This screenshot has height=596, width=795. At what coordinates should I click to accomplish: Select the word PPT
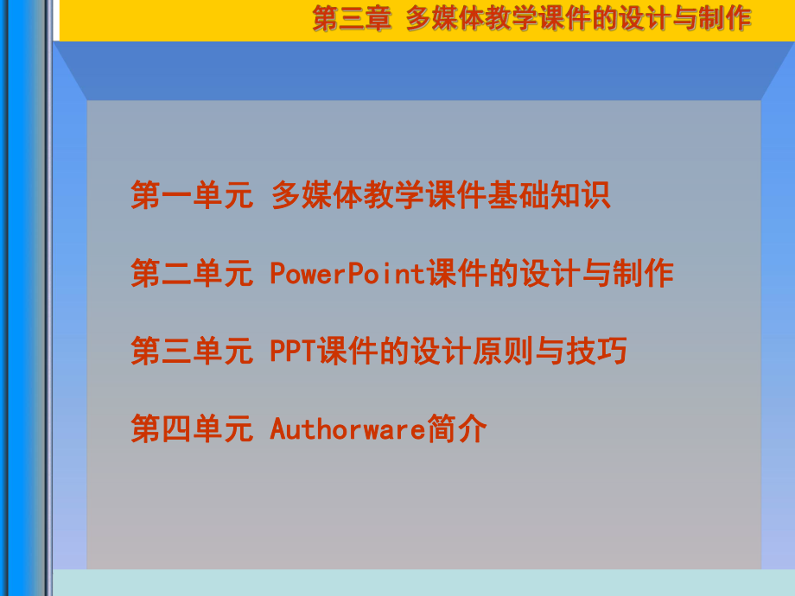click(x=293, y=352)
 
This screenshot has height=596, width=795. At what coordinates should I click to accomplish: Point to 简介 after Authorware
click(x=458, y=428)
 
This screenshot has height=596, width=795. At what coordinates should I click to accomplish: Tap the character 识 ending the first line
click(x=596, y=195)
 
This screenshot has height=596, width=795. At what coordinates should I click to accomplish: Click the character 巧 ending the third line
click(x=612, y=352)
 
